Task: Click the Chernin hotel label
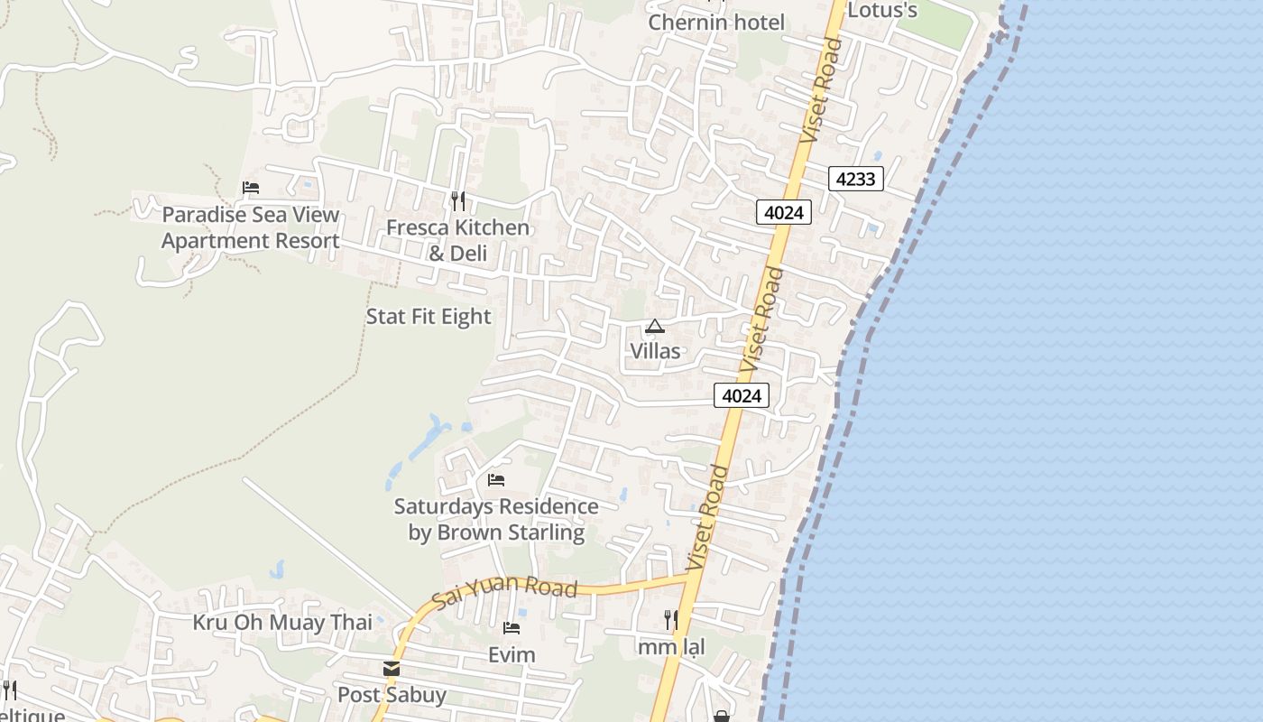pyautogui.click(x=716, y=22)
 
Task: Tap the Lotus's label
pyautogui.click(x=882, y=10)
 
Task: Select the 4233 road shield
pyautogui.click(x=855, y=179)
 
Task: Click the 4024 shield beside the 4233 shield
pyautogui.click(x=783, y=213)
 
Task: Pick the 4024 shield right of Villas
pyautogui.click(x=742, y=395)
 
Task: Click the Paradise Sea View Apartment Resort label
pyautogui.click(x=251, y=227)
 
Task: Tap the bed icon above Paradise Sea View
pyautogui.click(x=251, y=188)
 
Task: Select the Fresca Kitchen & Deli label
pyautogui.click(x=457, y=240)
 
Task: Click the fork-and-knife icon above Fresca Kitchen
pyautogui.click(x=458, y=200)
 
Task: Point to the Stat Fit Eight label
pyautogui.click(x=429, y=317)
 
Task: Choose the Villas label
pyautogui.click(x=655, y=351)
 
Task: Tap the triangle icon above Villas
pyautogui.click(x=655, y=327)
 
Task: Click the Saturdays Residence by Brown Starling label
pyautogui.click(x=496, y=519)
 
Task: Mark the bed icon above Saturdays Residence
pyautogui.click(x=496, y=479)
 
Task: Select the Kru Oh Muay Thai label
pyautogui.click(x=282, y=623)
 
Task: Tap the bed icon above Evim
pyautogui.click(x=512, y=628)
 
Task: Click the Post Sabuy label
pyautogui.click(x=392, y=695)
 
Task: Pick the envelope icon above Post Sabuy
pyautogui.click(x=392, y=669)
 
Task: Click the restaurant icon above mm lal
pyautogui.click(x=670, y=620)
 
